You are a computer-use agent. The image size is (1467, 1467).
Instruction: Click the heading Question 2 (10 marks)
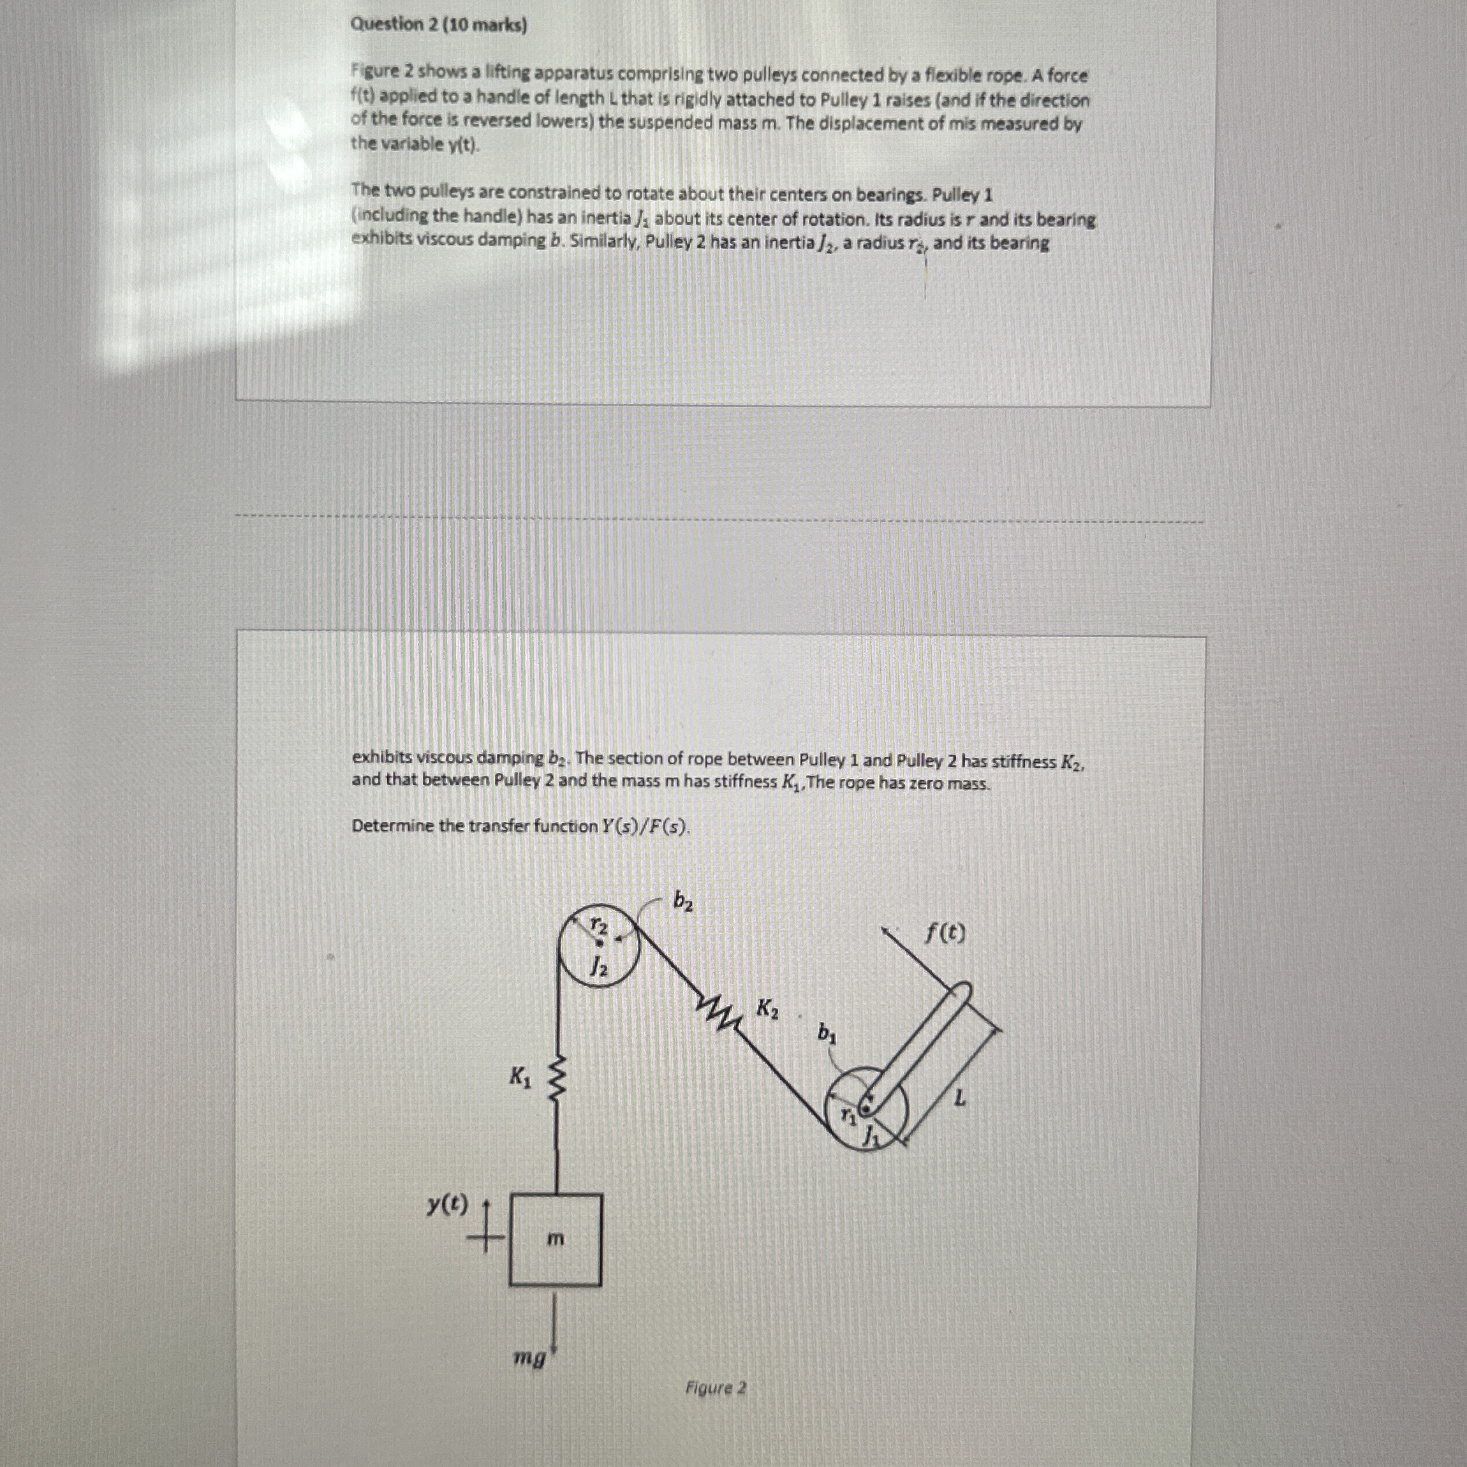tap(438, 25)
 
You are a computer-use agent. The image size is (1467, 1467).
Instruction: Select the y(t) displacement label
tap(447, 1204)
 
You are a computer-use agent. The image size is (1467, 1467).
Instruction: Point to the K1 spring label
tap(521, 1076)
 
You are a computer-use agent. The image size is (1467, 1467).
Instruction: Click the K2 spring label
tap(768, 1009)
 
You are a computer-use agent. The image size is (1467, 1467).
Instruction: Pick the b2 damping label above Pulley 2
tap(682, 901)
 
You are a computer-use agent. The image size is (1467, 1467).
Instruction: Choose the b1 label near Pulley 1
tap(827, 1033)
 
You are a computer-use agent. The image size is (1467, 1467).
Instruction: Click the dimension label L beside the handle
tap(961, 1098)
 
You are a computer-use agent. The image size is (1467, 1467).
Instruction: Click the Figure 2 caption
tap(715, 1388)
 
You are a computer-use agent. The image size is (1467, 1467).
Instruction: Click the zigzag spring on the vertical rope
tap(558, 1077)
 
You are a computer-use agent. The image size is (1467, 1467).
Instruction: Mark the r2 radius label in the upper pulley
tap(599, 925)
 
